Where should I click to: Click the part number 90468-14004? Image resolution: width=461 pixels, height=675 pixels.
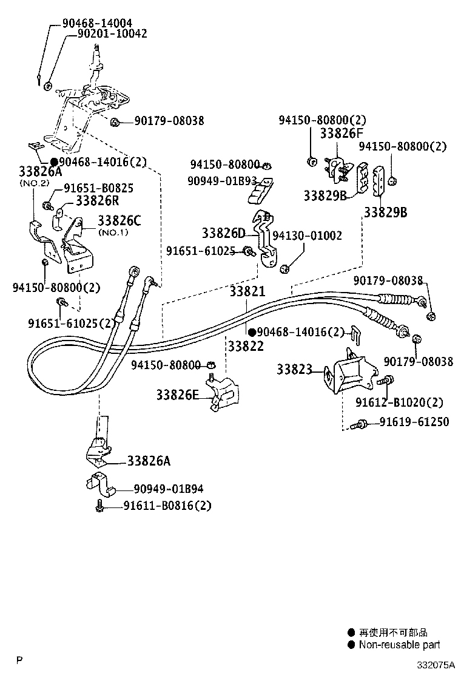(x=97, y=23)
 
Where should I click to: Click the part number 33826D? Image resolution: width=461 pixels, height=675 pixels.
(x=224, y=233)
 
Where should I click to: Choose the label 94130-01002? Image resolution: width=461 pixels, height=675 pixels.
(x=307, y=236)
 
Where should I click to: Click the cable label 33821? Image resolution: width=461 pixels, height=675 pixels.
(x=247, y=291)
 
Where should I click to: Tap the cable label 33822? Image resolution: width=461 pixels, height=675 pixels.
(x=245, y=346)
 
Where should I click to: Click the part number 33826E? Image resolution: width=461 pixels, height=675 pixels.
(x=177, y=395)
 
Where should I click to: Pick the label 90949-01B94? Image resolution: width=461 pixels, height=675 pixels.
(x=169, y=489)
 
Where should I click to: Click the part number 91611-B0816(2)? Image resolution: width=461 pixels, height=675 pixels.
(x=167, y=505)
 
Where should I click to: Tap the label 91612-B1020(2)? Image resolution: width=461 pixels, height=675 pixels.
(x=399, y=402)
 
